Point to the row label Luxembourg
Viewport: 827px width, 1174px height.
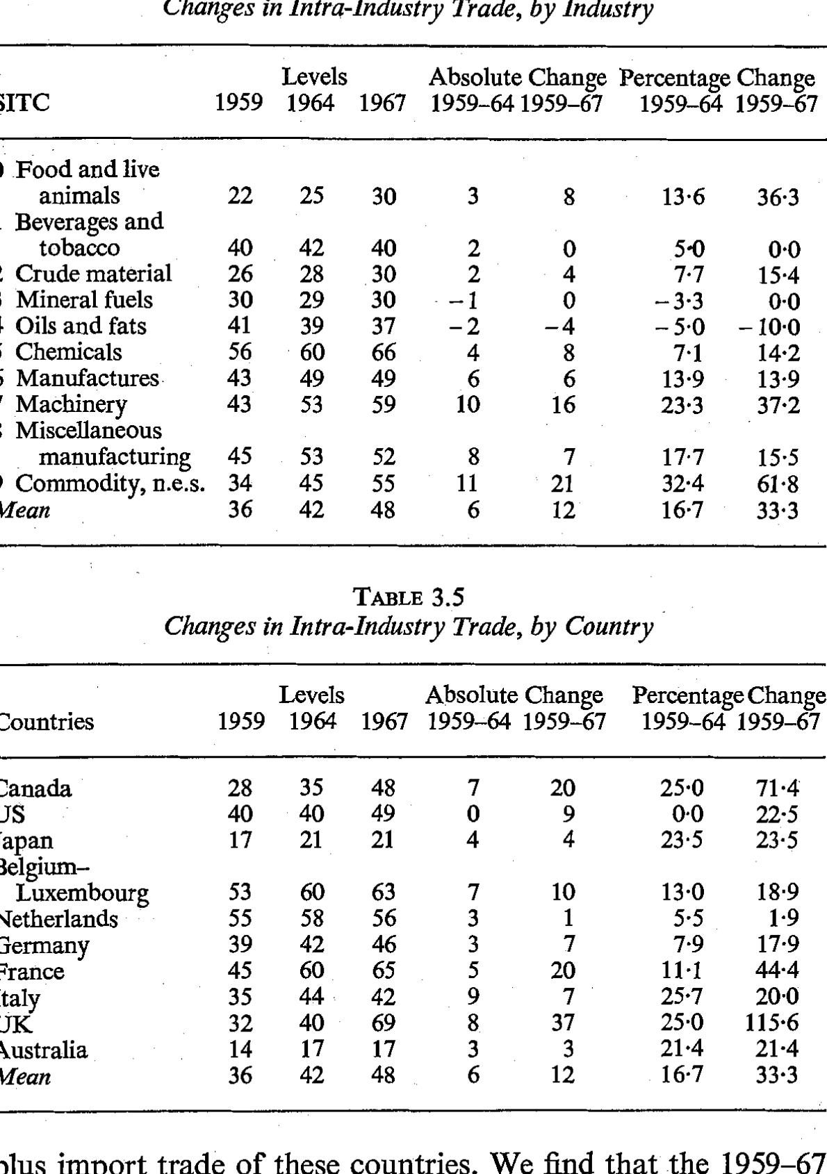[x=83, y=893]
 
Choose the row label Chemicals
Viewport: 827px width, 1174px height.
[x=68, y=352]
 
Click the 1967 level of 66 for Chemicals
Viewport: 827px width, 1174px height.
[x=383, y=352]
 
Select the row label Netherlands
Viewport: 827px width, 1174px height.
[x=58, y=919]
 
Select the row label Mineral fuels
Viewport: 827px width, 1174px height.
[x=84, y=300]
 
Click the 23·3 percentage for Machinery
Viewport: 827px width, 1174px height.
[x=682, y=404]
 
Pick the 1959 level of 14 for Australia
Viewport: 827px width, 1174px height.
[x=240, y=1050]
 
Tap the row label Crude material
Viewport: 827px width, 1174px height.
[x=93, y=274]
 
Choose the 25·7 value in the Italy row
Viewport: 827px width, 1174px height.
[x=682, y=998]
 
